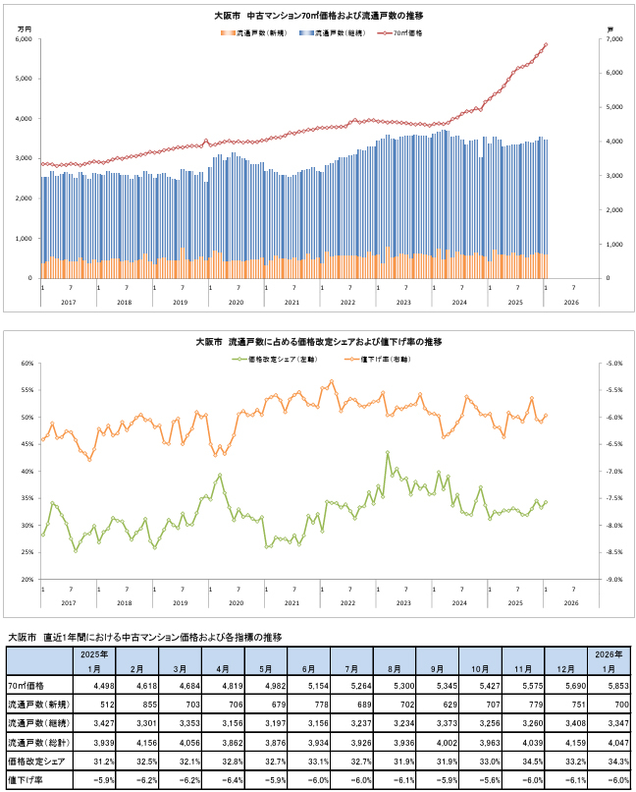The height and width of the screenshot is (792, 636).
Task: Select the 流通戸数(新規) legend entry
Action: click(254, 32)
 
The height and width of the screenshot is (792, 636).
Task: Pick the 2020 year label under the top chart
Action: click(236, 303)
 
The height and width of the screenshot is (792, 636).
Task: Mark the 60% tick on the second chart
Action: click(26, 364)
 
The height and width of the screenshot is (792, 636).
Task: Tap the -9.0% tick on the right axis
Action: click(615, 580)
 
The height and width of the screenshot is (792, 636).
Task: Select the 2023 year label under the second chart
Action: click(403, 603)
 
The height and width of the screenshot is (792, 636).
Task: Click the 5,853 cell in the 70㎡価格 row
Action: click(605, 684)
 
